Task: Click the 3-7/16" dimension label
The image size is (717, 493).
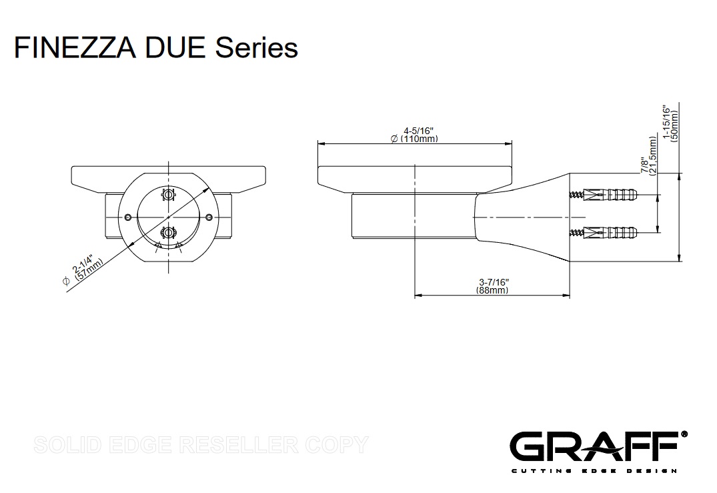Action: [x=492, y=283]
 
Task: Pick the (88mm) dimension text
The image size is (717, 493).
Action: [x=492, y=291]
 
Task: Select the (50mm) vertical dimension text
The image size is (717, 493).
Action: [x=674, y=125]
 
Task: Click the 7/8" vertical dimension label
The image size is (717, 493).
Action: [x=644, y=164]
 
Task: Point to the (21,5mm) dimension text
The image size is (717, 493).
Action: [x=653, y=155]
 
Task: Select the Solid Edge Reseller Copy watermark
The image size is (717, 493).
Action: [x=200, y=444]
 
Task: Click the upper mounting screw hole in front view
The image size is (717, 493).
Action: [x=167, y=195]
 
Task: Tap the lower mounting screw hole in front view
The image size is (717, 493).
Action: [x=167, y=233]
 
